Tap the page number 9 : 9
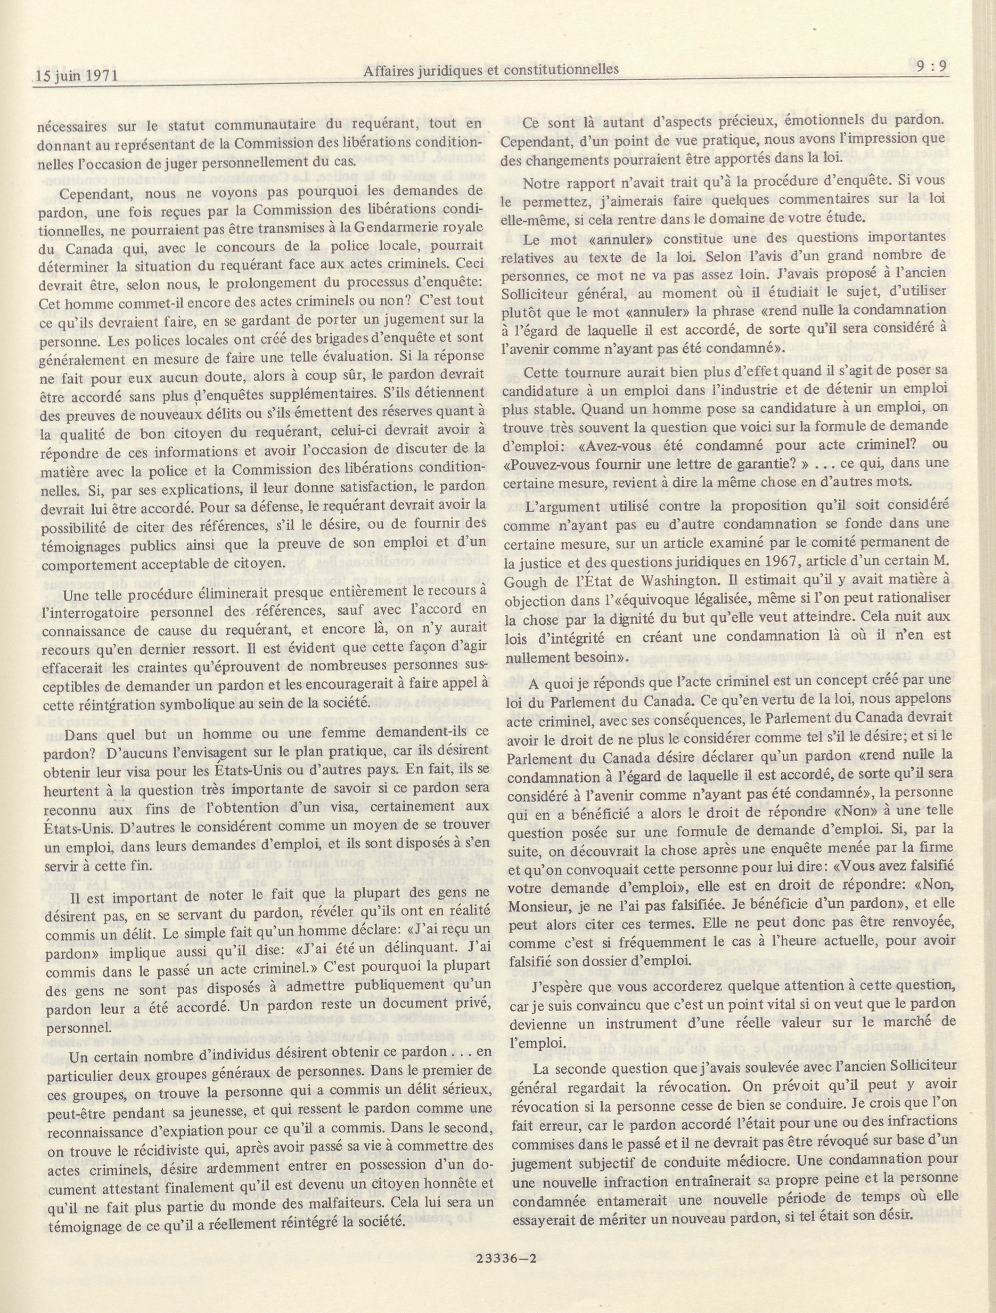930,68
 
